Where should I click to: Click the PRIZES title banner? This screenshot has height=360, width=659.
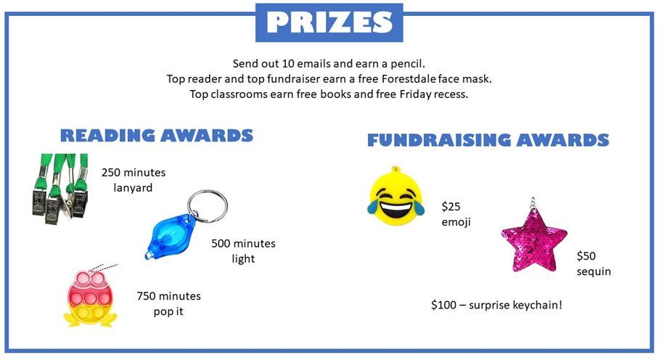(x=329, y=22)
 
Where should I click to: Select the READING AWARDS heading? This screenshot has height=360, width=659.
(x=156, y=136)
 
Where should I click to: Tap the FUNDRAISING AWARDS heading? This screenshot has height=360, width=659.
(x=488, y=140)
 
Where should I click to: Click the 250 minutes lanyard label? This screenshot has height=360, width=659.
(x=134, y=181)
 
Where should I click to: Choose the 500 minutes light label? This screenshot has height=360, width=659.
(x=243, y=251)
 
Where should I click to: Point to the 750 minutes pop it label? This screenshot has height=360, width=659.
(x=168, y=304)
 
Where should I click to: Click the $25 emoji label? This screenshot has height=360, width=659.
(x=456, y=214)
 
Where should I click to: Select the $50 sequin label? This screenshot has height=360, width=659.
(x=594, y=264)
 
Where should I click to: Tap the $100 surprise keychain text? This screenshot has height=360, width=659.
(x=496, y=305)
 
